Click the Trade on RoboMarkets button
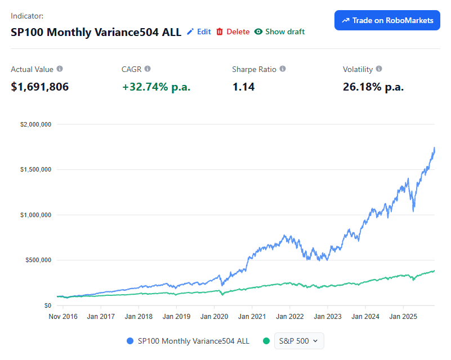pyautogui.click(x=387, y=20)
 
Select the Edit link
pyautogui.click(x=199, y=31)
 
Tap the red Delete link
pyautogui.click(x=233, y=31)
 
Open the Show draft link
pyautogui.click(x=279, y=31)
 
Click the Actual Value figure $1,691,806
pyautogui.click(x=40, y=87)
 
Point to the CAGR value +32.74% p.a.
pyautogui.click(x=156, y=87)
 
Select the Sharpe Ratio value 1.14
pyautogui.click(x=243, y=87)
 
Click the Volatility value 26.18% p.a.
pyautogui.click(x=373, y=87)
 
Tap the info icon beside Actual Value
pyautogui.click(x=60, y=69)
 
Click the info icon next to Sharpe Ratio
pyautogui.click(x=283, y=69)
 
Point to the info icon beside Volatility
pyautogui.click(x=379, y=69)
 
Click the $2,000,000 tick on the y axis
pyautogui.click(x=36, y=124)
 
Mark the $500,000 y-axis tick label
pyautogui.click(x=38, y=260)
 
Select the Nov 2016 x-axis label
pyautogui.click(x=63, y=317)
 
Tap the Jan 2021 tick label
pyautogui.click(x=252, y=317)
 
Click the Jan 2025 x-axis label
pyautogui.click(x=403, y=317)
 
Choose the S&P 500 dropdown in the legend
pyautogui.click(x=299, y=341)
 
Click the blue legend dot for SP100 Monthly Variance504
pyautogui.click(x=131, y=341)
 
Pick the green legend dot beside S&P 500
pyautogui.click(x=266, y=341)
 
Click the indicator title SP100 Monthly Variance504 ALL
pyautogui.click(x=96, y=32)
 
